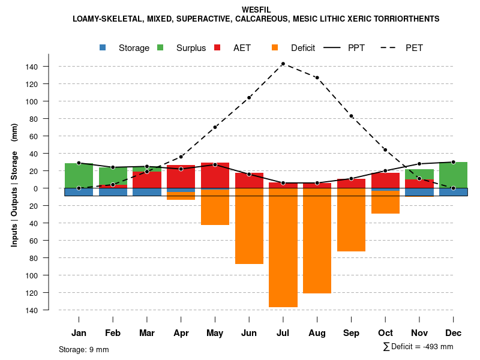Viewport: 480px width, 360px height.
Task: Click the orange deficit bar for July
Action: pos(283,247)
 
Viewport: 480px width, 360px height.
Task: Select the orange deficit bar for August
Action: pos(317,241)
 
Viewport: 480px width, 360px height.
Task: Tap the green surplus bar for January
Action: pos(79,175)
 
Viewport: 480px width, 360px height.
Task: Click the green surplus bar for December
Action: pos(453,175)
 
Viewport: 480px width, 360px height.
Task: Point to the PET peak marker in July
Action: pos(283,64)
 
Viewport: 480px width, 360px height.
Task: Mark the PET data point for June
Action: pos(249,97)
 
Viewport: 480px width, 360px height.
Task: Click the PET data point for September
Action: pos(351,116)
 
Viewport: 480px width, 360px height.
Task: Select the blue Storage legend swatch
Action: pos(103,47)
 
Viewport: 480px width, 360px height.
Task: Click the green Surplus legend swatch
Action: pos(160,47)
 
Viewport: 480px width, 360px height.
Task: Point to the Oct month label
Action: pos(385,333)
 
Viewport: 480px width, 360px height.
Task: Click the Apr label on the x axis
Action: pos(181,333)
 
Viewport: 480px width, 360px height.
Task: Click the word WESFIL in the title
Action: pos(256,10)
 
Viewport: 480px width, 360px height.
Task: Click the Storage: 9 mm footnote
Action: pos(84,349)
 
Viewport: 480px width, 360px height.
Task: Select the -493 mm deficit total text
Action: pos(437,347)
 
